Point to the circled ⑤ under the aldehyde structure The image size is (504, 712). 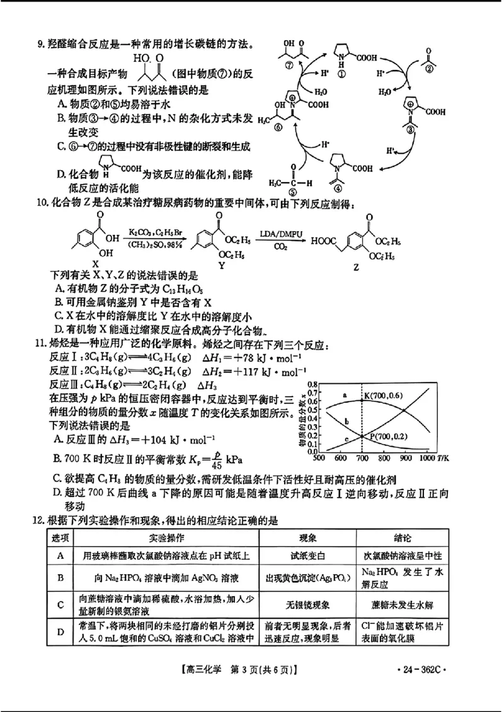pos(291,192)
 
